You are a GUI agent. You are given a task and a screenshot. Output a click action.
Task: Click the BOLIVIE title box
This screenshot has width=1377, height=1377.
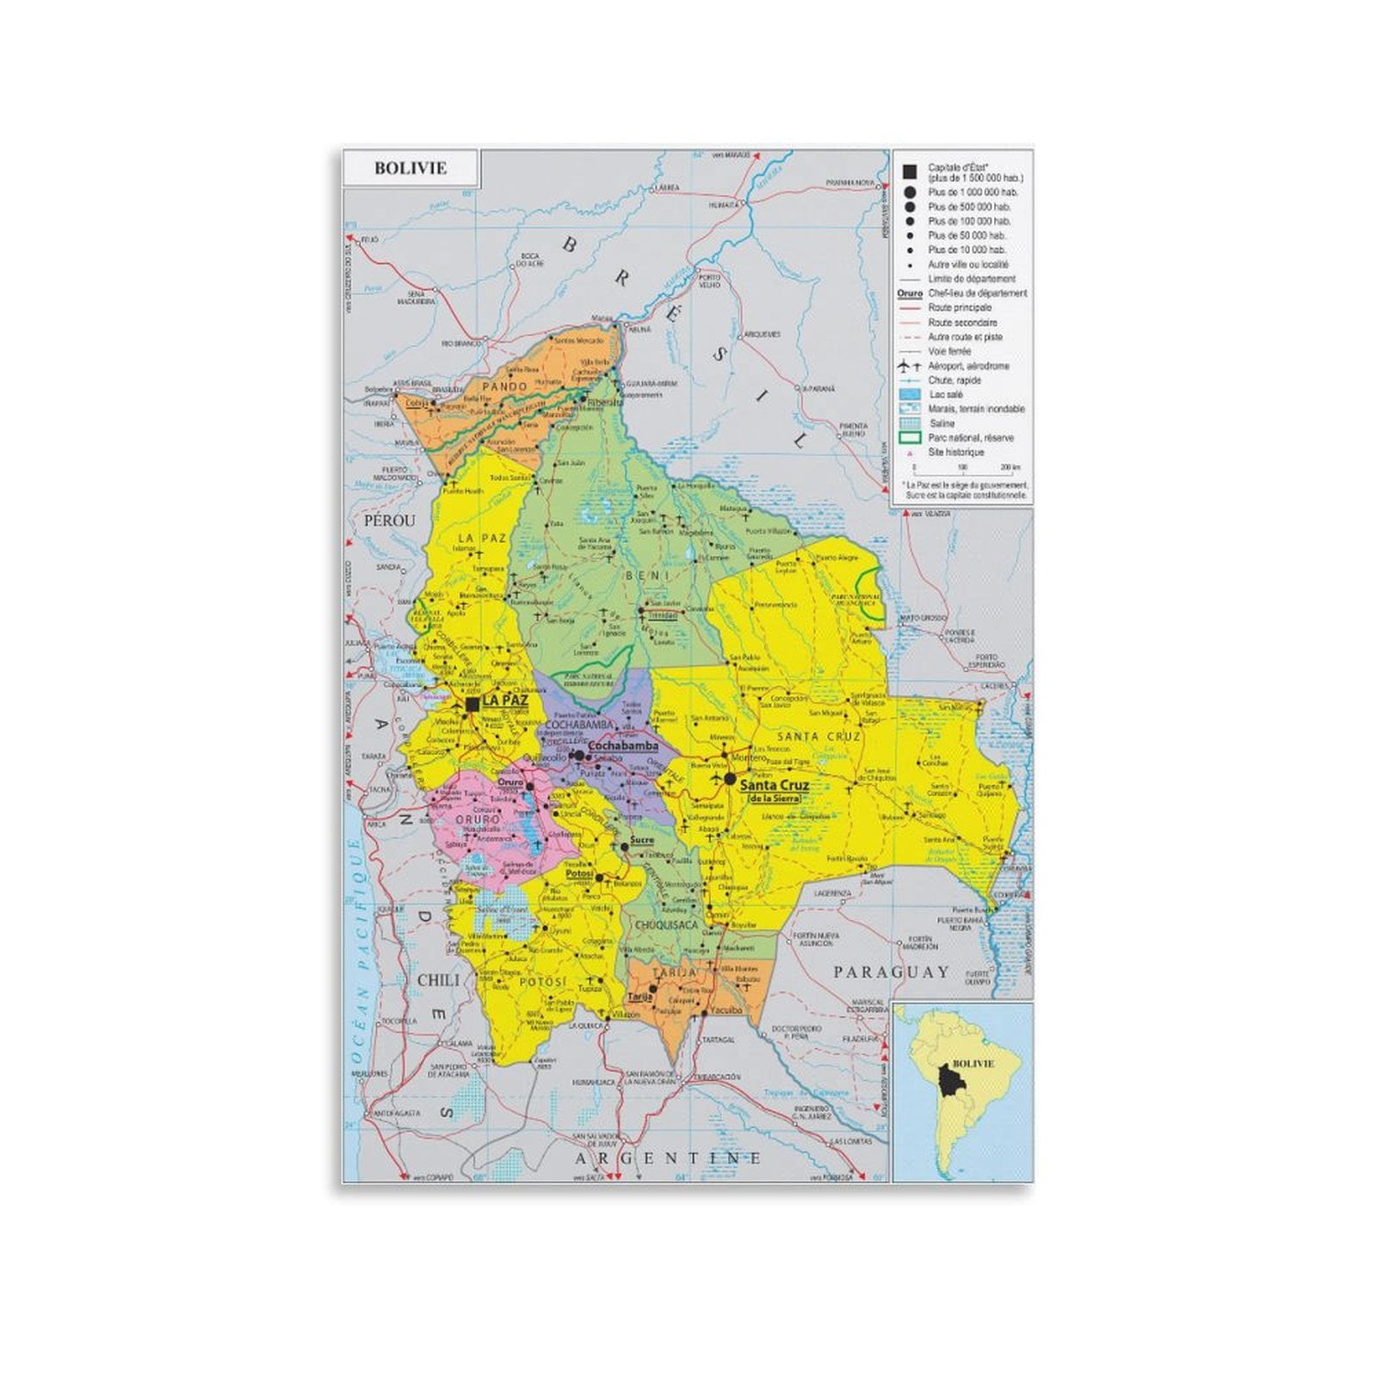click(x=411, y=168)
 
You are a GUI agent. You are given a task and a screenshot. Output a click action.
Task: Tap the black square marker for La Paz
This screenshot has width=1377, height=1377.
click(x=472, y=705)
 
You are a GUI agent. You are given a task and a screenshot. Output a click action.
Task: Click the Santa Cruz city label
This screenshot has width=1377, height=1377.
click(x=774, y=785)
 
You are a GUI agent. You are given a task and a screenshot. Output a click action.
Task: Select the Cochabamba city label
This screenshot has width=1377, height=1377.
click(x=622, y=747)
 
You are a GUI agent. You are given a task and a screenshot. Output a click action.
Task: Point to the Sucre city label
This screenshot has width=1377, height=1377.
click(x=642, y=840)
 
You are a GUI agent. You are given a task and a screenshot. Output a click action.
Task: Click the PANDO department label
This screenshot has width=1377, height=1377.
click(x=504, y=387)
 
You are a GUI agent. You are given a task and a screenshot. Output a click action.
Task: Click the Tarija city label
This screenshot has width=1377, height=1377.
click(x=638, y=997)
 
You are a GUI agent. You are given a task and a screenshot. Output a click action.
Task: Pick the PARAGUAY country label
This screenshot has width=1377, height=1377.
click(x=890, y=972)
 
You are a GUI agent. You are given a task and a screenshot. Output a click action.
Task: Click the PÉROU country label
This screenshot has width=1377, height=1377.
click(x=389, y=521)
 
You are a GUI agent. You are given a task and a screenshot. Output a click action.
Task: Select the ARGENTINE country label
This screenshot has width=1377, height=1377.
click(x=668, y=1158)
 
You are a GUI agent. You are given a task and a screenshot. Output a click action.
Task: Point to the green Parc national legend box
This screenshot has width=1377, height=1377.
click(x=910, y=438)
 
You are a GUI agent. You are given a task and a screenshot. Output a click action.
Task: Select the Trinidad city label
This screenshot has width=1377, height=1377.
click(x=664, y=615)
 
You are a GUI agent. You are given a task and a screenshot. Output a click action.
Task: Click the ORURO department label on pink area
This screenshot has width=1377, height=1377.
click(x=478, y=820)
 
